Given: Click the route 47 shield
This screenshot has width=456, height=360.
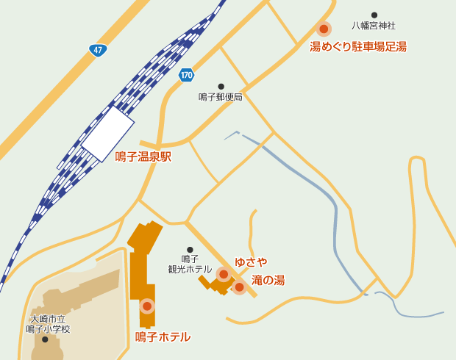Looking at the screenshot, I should point(98,50).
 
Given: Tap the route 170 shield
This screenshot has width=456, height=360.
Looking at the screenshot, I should point(187,75).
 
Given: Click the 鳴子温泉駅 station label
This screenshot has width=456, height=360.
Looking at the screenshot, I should point(143,156).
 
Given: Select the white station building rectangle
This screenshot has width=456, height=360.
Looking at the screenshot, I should point(107,134).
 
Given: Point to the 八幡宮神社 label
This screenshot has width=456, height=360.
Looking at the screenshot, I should point(373,26).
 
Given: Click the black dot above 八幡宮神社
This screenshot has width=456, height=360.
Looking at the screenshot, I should point(374,15).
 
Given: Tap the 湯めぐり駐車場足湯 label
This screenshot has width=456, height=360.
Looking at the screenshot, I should point(358,47).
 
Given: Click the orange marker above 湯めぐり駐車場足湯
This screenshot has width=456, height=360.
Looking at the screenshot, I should point(324,29).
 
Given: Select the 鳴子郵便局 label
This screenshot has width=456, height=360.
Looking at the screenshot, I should point(221,97).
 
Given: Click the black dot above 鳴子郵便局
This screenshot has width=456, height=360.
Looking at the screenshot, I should point(221,86).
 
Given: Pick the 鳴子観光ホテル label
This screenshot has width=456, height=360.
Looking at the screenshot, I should point(190,264).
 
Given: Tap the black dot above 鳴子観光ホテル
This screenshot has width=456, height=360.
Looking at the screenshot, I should point(190,250).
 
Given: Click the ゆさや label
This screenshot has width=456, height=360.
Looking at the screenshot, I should point(251,262).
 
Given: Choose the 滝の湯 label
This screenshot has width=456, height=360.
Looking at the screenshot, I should point(268,280).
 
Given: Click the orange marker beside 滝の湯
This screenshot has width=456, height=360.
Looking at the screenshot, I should point(239,287).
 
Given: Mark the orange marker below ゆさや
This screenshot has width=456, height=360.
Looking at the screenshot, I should point(224,274).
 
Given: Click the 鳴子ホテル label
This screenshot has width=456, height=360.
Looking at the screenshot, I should point(163,336).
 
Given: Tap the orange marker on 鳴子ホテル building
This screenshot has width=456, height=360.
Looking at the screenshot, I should point(147,306).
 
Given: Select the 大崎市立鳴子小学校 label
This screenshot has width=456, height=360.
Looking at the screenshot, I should point(49,324).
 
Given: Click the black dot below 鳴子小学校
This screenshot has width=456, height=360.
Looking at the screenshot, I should point(45,339).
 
